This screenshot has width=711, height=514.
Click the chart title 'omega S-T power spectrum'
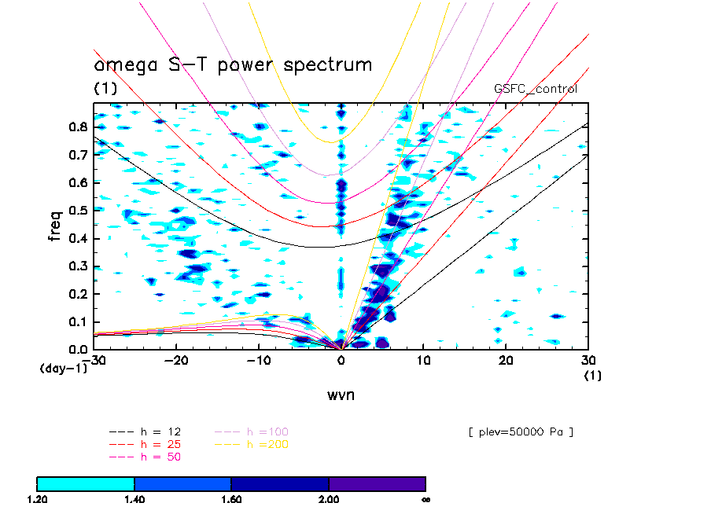[233, 65]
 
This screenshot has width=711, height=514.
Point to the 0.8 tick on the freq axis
[77, 127]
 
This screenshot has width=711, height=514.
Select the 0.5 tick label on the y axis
[77, 211]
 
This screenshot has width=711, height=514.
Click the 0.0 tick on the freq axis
[77, 349]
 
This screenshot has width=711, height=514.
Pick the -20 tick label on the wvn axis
[176, 360]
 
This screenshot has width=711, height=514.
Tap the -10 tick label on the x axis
[259, 360]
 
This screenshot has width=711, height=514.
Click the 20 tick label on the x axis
[506, 360]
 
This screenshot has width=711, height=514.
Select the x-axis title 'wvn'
[341, 395]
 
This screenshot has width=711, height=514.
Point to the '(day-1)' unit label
[63, 368]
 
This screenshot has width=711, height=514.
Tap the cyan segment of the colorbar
[86, 483]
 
